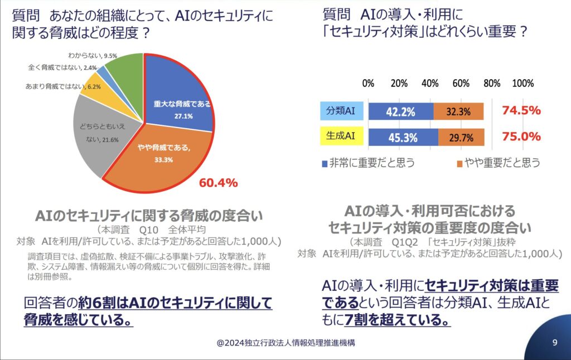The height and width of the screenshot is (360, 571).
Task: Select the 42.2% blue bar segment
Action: coord(400,111)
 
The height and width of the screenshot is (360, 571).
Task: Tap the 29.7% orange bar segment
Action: coord(461,137)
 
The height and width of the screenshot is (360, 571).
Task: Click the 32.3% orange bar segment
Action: coord(458,111)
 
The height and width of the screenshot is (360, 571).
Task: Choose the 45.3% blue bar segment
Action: coord(403,137)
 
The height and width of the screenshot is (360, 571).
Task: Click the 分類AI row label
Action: coord(342,111)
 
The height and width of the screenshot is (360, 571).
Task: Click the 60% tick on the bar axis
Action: coord(461,83)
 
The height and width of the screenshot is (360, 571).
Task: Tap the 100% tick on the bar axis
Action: coord(522,83)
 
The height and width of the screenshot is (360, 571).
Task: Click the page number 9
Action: coord(554,343)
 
